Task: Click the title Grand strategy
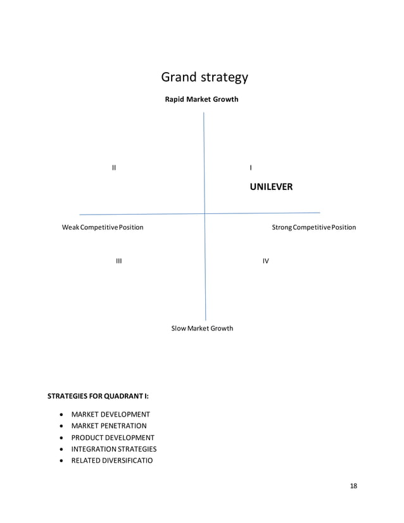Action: [205, 78]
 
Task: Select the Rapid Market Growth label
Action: [201, 99]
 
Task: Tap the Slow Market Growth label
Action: [202, 328]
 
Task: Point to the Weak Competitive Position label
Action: [102, 227]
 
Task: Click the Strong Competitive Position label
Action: [313, 227]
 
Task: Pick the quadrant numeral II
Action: [114, 168]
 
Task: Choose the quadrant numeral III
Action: [118, 261]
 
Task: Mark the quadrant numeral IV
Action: [266, 261]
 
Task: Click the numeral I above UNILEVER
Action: [251, 168]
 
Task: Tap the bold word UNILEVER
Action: [271, 187]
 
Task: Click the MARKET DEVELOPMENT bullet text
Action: [110, 414]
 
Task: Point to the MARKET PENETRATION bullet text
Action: [109, 426]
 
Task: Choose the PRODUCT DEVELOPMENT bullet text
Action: [113, 438]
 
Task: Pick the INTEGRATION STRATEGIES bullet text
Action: [113, 449]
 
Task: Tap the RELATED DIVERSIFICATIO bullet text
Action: [111, 460]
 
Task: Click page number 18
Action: [353, 486]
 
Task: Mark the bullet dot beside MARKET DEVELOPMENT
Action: [60, 415]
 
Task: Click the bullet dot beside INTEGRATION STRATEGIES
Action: [60, 450]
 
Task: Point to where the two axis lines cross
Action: [205, 213]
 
